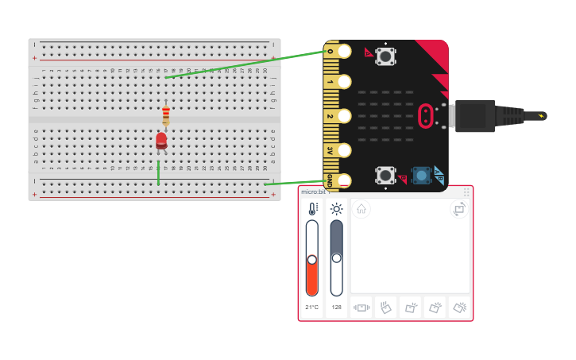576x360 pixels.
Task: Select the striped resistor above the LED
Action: pos(165,116)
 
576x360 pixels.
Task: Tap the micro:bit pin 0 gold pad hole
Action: pos(344,52)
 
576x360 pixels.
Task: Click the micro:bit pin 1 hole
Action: pos(344,82)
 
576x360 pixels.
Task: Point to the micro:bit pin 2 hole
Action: pos(344,116)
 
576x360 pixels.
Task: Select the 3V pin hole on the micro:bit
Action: pos(344,149)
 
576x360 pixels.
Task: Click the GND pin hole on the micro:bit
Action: pos(344,180)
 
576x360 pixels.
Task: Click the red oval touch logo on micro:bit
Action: pos(426,116)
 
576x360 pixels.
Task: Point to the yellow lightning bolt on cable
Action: pos(542,116)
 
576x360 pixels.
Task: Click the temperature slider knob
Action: pos(312,260)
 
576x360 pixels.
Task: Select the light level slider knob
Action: pos(337,257)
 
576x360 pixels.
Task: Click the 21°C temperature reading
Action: pos(311,307)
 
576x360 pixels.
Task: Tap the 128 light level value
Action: pos(337,307)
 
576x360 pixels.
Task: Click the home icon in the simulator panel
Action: pos(361,209)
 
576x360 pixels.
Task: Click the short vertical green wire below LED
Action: pos(158,172)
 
